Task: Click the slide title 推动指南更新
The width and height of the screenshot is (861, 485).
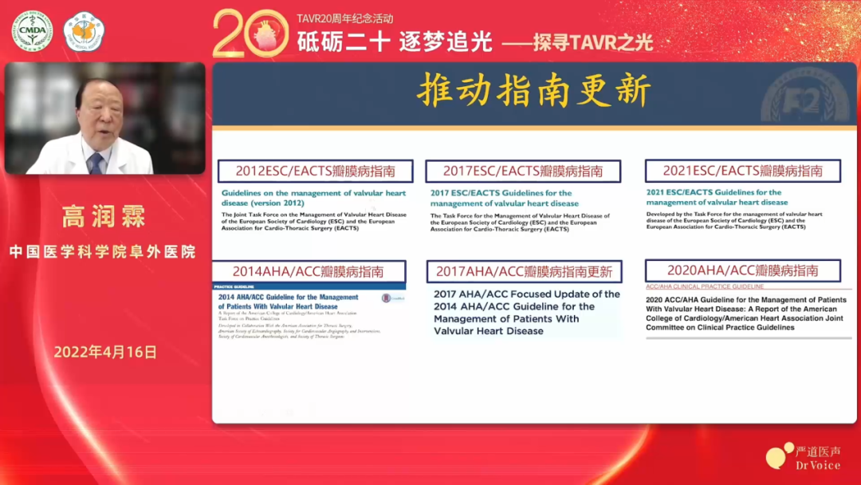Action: click(x=533, y=93)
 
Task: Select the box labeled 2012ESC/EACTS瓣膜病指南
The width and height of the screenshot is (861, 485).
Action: click(x=315, y=171)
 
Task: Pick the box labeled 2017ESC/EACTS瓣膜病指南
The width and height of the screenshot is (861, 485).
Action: click(x=523, y=171)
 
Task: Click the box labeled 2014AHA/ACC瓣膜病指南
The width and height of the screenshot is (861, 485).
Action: click(x=309, y=271)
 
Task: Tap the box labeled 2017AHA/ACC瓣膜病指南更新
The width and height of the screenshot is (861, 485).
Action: click(x=524, y=271)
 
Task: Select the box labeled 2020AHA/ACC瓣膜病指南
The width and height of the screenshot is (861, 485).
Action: click(x=743, y=270)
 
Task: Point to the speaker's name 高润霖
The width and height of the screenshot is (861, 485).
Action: click(x=104, y=216)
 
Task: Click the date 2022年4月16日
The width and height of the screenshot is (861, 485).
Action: click(x=105, y=352)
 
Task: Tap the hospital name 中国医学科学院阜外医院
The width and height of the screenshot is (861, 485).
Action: click(x=103, y=252)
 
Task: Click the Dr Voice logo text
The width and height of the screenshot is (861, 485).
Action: click(x=817, y=464)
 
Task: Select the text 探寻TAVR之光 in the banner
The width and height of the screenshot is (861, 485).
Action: click(x=593, y=42)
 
